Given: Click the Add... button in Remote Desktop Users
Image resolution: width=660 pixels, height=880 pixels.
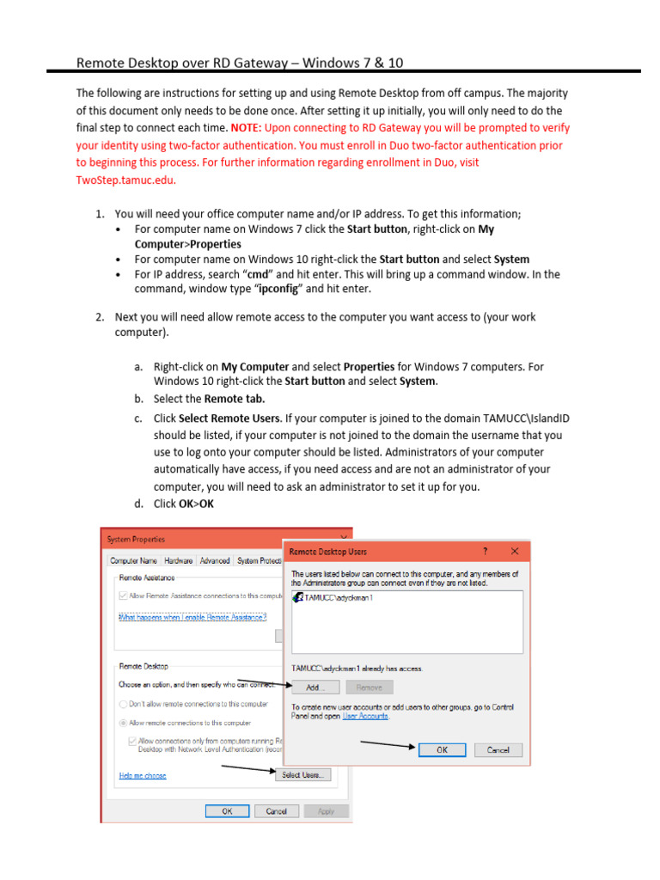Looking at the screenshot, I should [315, 687].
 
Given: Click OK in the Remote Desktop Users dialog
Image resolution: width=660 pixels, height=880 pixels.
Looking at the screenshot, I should [442, 749].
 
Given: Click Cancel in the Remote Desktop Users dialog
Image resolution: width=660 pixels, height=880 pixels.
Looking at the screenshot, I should [498, 749].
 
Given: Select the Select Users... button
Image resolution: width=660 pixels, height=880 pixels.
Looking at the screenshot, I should [302, 775].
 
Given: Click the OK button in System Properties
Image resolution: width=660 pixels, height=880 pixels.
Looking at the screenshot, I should [228, 810].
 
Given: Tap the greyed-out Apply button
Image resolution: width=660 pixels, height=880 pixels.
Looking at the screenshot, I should [327, 810].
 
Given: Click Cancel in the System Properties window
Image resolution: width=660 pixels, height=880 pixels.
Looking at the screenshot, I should [277, 810].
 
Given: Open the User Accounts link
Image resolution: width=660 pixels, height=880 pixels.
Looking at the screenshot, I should [365, 716].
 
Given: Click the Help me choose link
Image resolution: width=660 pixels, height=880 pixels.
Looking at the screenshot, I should [143, 776].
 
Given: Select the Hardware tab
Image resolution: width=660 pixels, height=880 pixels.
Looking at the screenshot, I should [179, 560].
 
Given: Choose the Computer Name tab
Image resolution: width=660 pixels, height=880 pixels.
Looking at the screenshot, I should [133, 560].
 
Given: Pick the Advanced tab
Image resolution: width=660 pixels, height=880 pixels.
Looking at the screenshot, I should [215, 560].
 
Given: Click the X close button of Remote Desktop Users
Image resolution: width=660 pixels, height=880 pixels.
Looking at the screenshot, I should [515, 551].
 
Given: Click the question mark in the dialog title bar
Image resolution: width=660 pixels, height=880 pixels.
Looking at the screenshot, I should [486, 551].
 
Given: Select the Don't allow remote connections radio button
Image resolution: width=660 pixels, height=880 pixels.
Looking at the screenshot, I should [123, 704].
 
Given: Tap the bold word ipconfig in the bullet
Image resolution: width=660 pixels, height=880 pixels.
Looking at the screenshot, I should [276, 289].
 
